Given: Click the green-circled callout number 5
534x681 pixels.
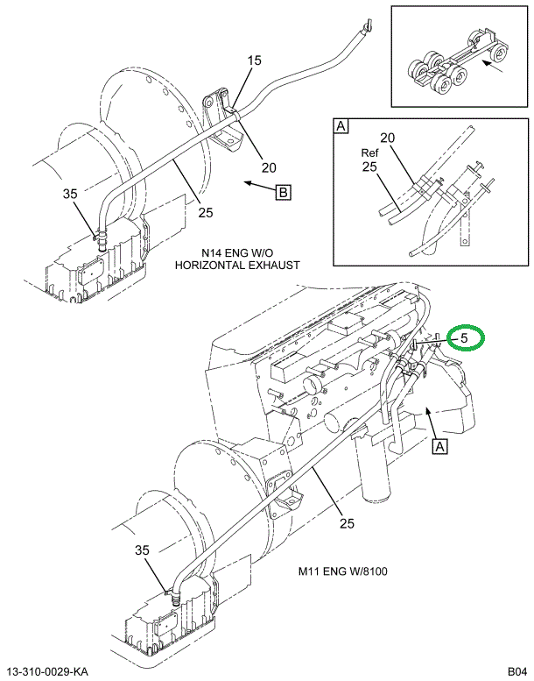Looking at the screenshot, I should point(465,337).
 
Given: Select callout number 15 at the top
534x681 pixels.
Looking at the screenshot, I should point(254,60).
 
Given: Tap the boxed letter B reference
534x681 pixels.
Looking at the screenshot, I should point(283,193).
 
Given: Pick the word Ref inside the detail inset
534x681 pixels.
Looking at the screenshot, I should point(369,152).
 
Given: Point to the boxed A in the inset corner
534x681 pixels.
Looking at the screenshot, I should point(341,127).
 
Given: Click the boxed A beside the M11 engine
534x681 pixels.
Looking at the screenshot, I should point(439,447).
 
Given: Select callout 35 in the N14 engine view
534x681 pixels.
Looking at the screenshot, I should point(71,194).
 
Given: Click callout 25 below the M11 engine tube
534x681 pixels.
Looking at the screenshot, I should point(347,524).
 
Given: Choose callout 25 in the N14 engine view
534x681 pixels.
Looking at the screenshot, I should point(205,211).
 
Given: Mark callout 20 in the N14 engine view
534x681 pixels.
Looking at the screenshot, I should point(268,168).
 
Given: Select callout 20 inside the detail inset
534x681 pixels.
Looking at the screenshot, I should point(388,138).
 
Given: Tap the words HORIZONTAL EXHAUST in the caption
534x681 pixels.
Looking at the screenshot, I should point(237,264).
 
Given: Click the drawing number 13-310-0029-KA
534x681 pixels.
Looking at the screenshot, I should point(48,671).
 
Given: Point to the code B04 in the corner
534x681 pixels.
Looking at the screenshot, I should point(514,671).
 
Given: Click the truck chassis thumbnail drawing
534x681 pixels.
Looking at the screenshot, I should point(446,66).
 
